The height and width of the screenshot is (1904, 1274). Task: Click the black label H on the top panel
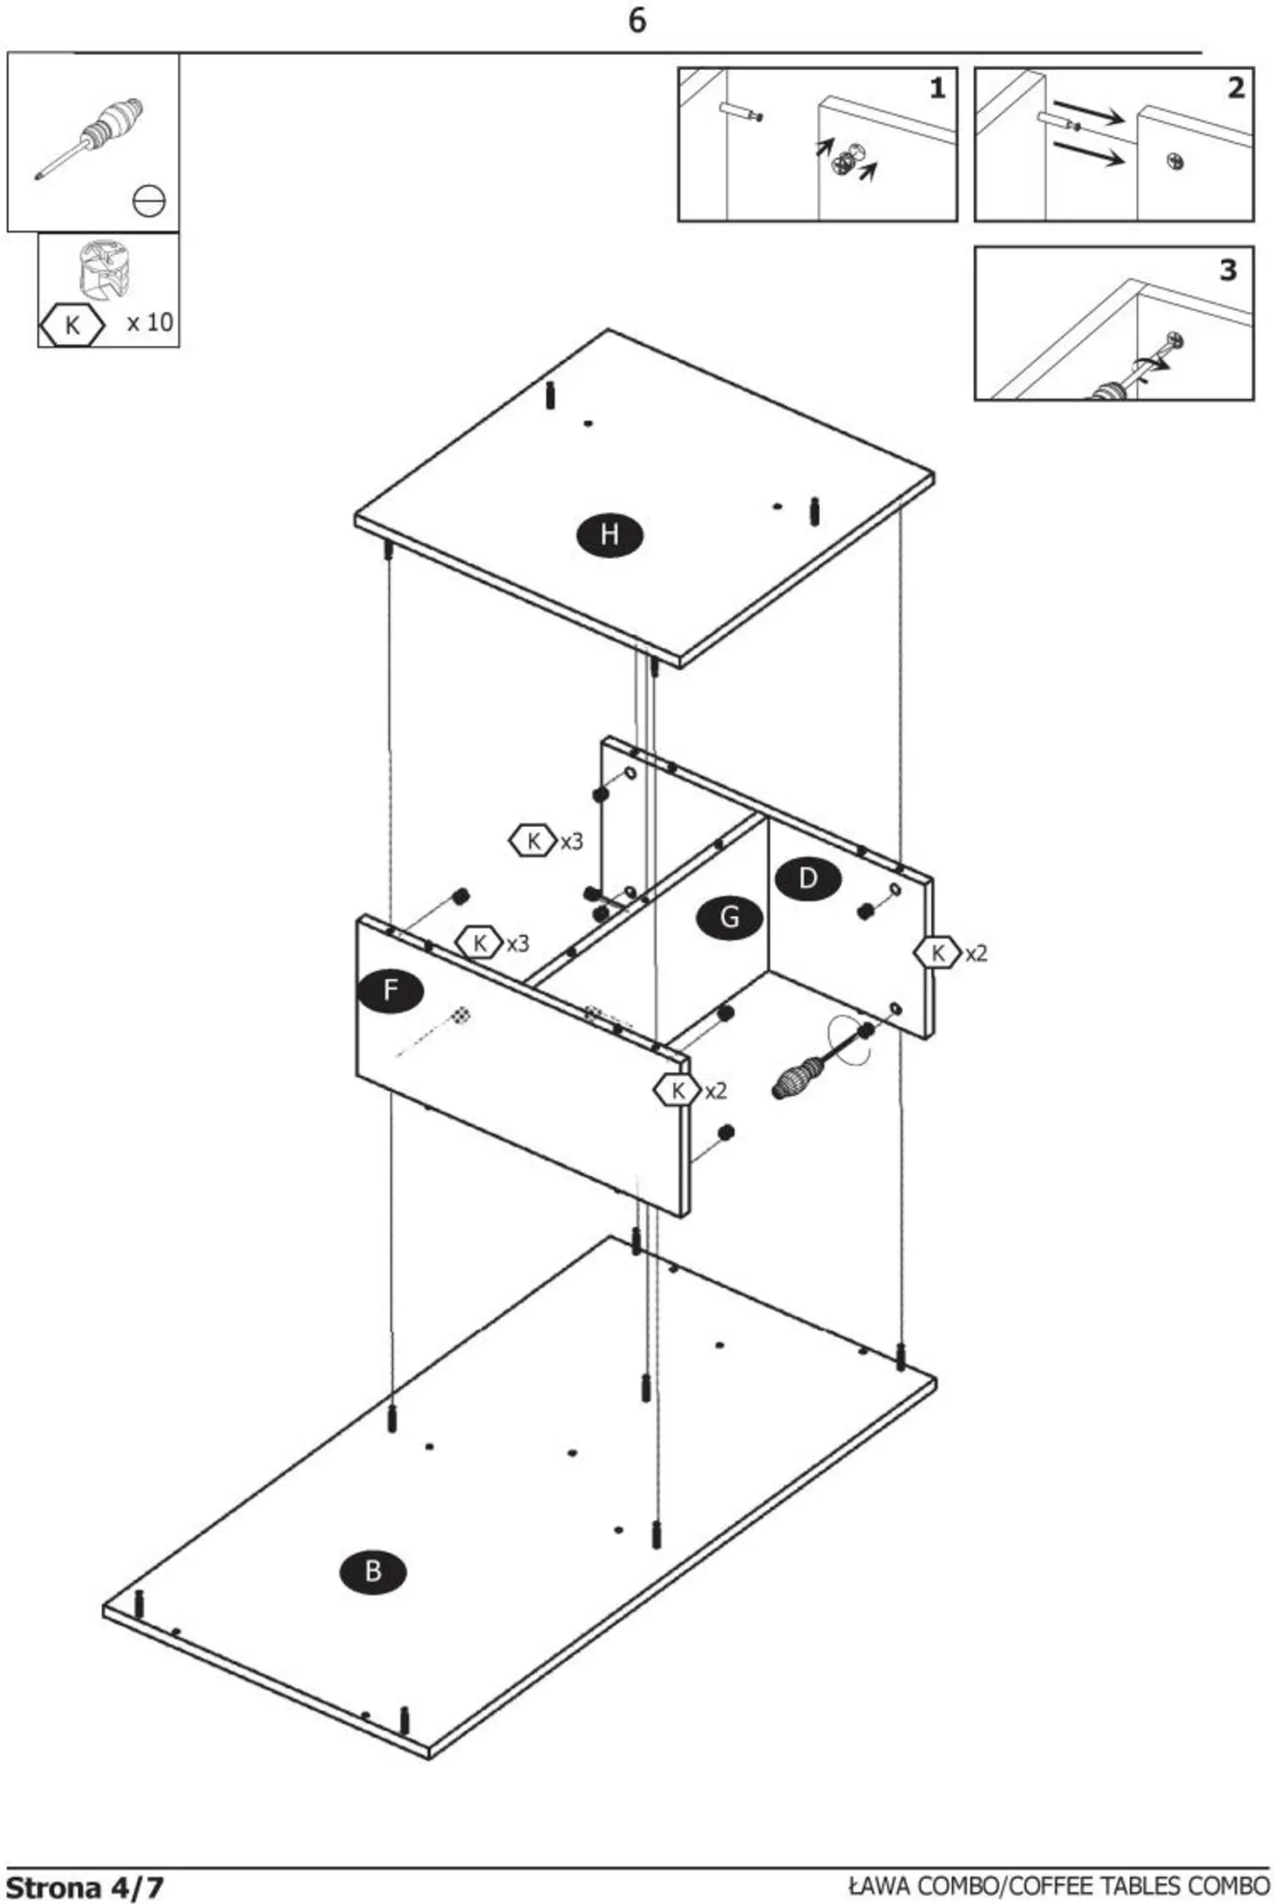pyautogui.click(x=609, y=535)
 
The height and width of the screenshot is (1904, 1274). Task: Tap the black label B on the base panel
pyautogui.click(x=373, y=1571)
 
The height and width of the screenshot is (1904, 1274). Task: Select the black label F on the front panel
pyautogui.click(x=391, y=992)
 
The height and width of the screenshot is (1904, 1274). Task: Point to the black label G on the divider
pyautogui.click(x=730, y=918)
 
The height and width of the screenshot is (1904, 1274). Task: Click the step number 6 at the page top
pyautogui.click(x=637, y=21)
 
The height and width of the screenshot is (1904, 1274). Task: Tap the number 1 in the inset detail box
pyautogui.click(x=937, y=88)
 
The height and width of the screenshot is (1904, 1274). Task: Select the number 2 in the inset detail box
pyautogui.click(x=1236, y=88)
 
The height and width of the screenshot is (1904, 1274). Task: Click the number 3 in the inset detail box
pyautogui.click(x=1228, y=270)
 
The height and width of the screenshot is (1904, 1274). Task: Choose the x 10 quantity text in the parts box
pyautogui.click(x=150, y=323)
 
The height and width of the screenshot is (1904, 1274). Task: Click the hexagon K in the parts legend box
pyautogui.click(x=72, y=326)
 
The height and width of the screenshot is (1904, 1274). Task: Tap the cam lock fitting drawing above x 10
pyautogui.click(x=104, y=268)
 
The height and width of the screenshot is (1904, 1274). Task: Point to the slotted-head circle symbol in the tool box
pyautogui.click(x=148, y=201)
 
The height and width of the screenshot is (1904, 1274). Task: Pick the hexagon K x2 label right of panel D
pyautogui.click(x=950, y=953)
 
